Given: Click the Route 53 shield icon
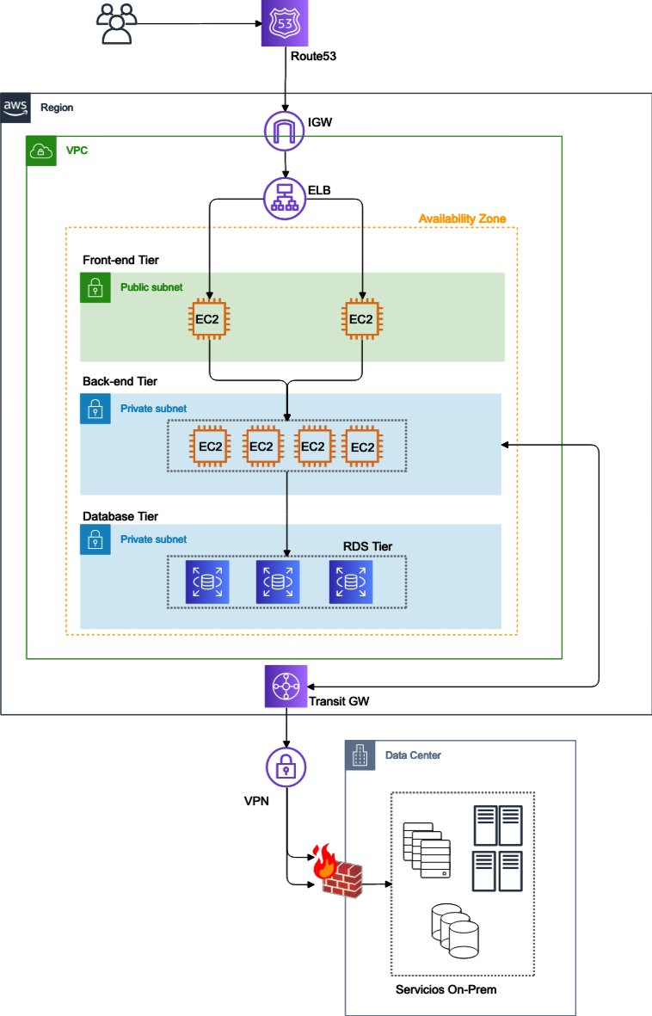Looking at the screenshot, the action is click(285, 23).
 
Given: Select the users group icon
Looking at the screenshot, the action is click(115, 24).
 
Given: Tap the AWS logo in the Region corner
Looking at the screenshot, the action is click(15, 108).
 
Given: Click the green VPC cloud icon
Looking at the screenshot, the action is click(41, 151).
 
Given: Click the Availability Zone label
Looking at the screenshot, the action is click(462, 219).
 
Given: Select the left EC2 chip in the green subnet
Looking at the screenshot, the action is click(210, 319).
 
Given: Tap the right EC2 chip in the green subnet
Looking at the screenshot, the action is click(362, 319).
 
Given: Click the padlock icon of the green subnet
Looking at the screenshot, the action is click(95, 288).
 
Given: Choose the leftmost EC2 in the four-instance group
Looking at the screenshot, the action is click(211, 446).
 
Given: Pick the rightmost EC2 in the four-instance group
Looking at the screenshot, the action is click(362, 446).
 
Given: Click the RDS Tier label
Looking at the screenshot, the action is click(367, 546).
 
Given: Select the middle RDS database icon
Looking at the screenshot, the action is click(278, 582).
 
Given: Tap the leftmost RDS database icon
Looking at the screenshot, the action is click(207, 582).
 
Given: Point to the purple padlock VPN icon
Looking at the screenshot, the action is click(285, 766).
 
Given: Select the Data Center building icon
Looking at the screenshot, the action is click(360, 756).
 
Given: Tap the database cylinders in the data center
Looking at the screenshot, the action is click(453, 931).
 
